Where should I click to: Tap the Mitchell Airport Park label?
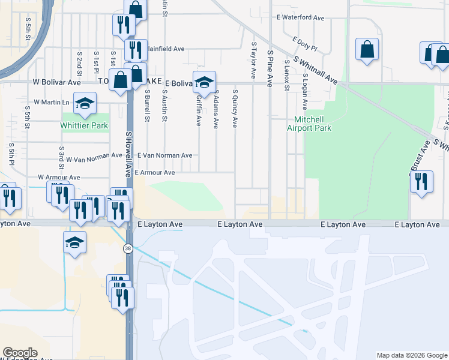coord(313,124)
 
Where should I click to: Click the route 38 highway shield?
coord(128,248)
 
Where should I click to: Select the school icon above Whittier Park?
coord(85,103)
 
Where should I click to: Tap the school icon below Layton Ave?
coord(74,242)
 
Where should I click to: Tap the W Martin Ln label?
coord(51,103)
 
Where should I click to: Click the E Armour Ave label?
coord(155,173)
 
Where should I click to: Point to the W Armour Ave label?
coord(59,178)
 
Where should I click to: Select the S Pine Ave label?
coord(270,68)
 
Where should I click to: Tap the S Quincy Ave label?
coord(235,109)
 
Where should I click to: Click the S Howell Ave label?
coord(128,154)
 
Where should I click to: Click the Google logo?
coord(20,353)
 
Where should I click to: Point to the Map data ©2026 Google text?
coord(411,355)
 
